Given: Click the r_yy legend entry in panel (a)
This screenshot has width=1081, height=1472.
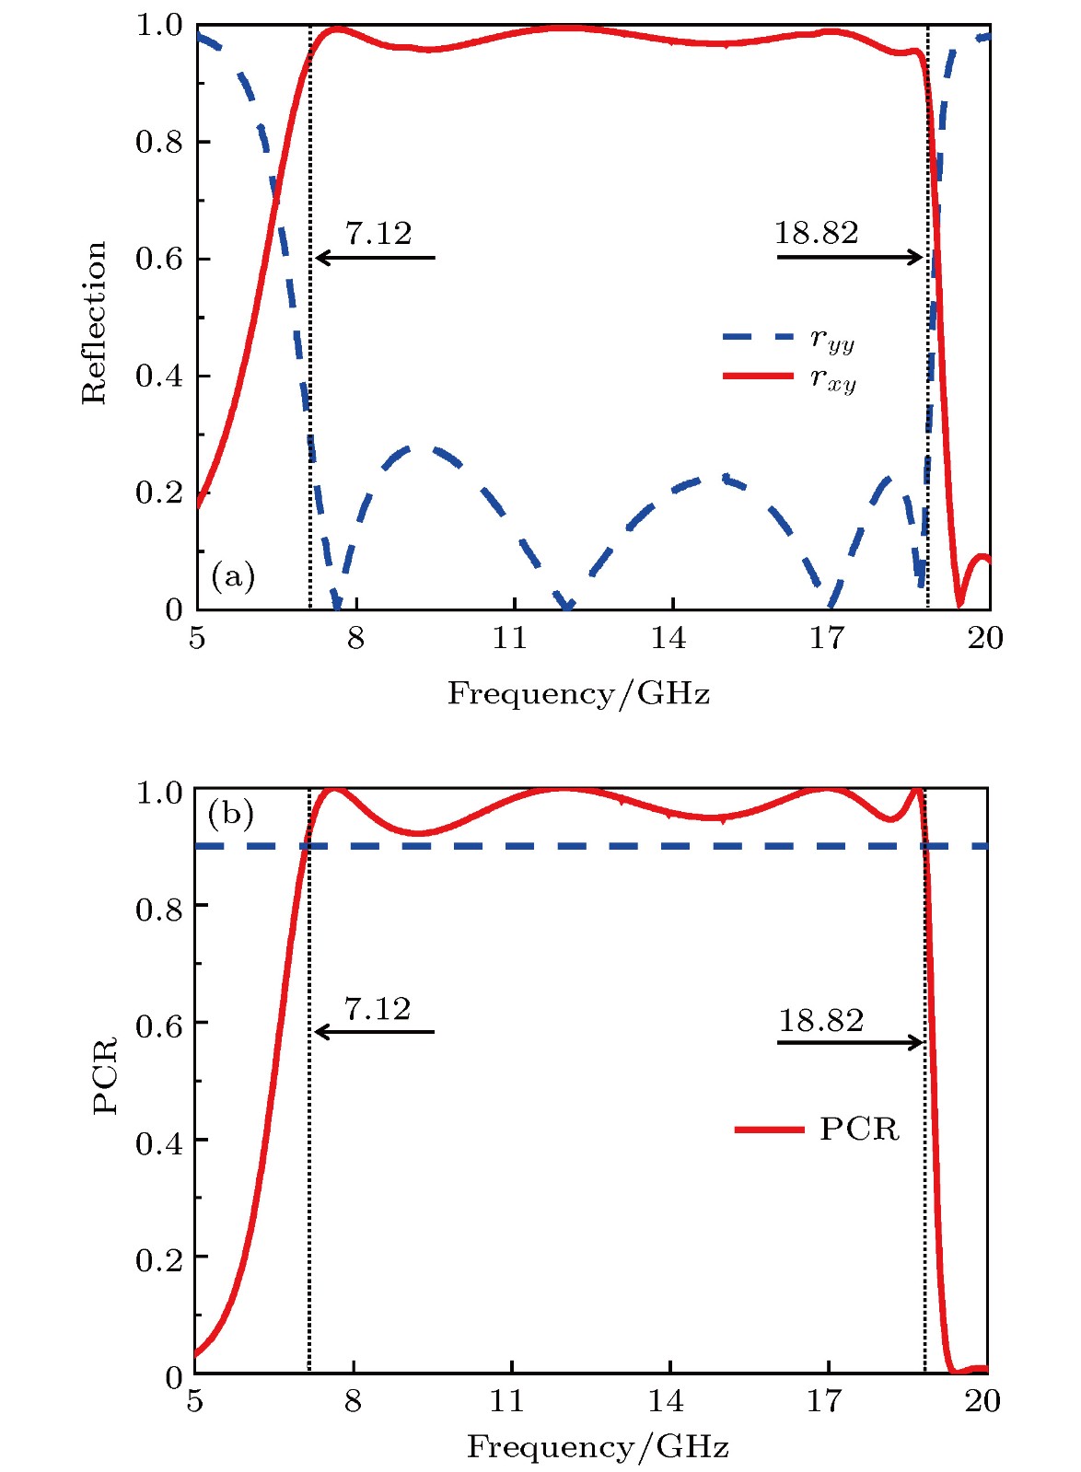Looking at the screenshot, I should pos(790,340).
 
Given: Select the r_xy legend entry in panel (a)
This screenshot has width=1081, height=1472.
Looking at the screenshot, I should pos(790,377).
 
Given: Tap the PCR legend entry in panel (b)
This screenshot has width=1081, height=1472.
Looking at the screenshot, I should pos(818,1129).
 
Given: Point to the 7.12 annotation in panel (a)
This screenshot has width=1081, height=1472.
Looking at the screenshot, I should pos(378,234).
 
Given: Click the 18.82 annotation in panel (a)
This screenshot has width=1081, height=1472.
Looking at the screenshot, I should pos(816,233).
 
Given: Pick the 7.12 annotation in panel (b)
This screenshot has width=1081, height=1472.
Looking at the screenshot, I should pos(378,1009).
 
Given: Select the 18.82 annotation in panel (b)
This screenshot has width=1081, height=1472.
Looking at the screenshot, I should pos(820,1020).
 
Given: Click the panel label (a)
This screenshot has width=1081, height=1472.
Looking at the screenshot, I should pos(233,576).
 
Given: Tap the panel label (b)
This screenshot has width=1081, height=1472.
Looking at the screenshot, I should pos(230,814).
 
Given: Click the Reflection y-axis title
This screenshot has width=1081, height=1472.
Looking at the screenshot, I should pos(94,322).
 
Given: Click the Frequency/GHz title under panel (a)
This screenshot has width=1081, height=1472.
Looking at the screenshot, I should pos(578,693).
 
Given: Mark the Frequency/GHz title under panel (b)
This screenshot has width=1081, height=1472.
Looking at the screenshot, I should pos(598,1446).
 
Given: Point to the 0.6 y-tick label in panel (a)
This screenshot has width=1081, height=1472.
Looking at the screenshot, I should pos(159,259).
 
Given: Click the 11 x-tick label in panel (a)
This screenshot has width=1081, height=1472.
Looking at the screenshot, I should pos(509,637).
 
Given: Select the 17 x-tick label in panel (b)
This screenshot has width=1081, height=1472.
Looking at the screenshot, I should pos(824,1401).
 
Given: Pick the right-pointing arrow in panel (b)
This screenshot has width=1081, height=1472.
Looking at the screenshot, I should pos(850,1042).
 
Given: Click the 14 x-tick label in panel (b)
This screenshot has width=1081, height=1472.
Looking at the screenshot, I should pos(666,1401).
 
